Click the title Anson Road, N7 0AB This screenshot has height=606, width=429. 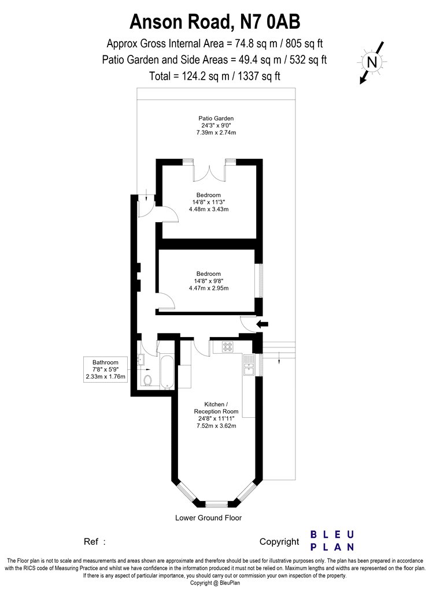click(x=214, y=22)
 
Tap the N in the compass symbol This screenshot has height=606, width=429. click(x=372, y=62)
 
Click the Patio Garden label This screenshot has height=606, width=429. click(x=216, y=118)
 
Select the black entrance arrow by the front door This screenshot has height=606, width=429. click(x=262, y=324)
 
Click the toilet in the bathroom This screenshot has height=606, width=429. click(x=147, y=380)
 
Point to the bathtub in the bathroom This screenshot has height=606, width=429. click(x=167, y=372)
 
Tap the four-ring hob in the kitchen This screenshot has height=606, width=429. click(x=227, y=346)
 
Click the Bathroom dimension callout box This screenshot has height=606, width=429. click(x=106, y=369)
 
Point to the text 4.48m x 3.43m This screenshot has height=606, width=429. click(x=209, y=209)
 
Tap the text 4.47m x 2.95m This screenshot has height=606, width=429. click(x=209, y=288)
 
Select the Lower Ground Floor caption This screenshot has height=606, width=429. click(x=208, y=518)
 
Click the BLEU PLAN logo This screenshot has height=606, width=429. click(x=332, y=541)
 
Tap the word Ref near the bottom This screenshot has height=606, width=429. click(x=91, y=542)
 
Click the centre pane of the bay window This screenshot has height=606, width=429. click(x=216, y=504)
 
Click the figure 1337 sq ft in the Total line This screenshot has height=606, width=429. click(x=259, y=76)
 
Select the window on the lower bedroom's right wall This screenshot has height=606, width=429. click(x=261, y=281)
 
